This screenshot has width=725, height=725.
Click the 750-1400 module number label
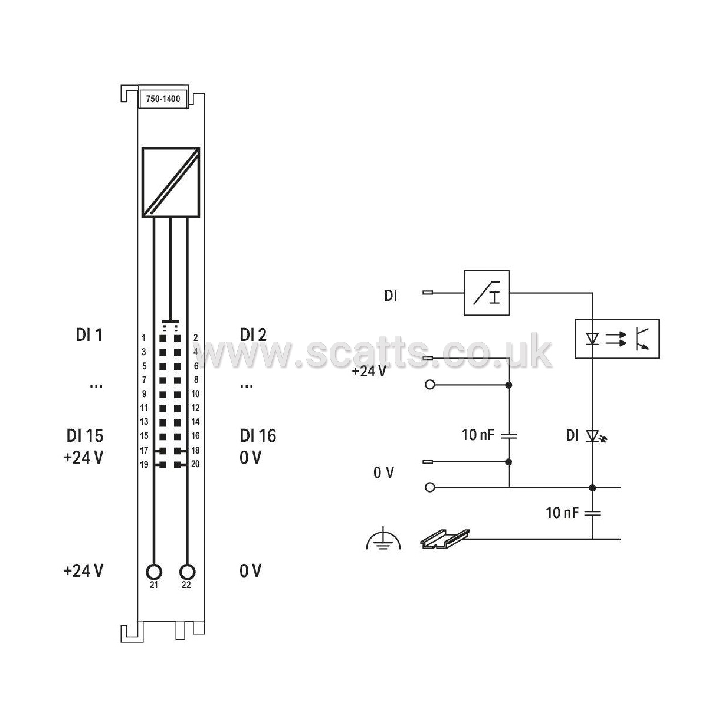(163, 99)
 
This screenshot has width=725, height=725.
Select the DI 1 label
(89, 335)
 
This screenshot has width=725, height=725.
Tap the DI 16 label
(258, 436)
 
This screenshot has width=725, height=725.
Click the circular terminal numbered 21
(154, 572)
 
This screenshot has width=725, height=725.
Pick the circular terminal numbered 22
(187, 572)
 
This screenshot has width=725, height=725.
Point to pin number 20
(195, 464)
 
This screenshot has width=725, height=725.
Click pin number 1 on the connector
(143, 338)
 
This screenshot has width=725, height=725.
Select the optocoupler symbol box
(617, 339)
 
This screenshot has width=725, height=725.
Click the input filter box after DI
(487, 293)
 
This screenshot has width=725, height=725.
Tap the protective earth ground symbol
(383, 540)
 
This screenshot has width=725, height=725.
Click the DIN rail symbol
(445, 539)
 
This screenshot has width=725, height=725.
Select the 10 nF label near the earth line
(562, 513)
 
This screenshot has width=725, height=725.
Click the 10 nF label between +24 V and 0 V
(478, 435)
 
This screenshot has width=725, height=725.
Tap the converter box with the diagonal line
(170, 182)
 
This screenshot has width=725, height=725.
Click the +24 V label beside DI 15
(84, 458)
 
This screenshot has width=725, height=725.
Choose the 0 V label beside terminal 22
(250, 571)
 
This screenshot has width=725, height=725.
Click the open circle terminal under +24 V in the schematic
(429, 385)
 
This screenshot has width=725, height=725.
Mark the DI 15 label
(85, 436)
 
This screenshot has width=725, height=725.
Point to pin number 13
(144, 421)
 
